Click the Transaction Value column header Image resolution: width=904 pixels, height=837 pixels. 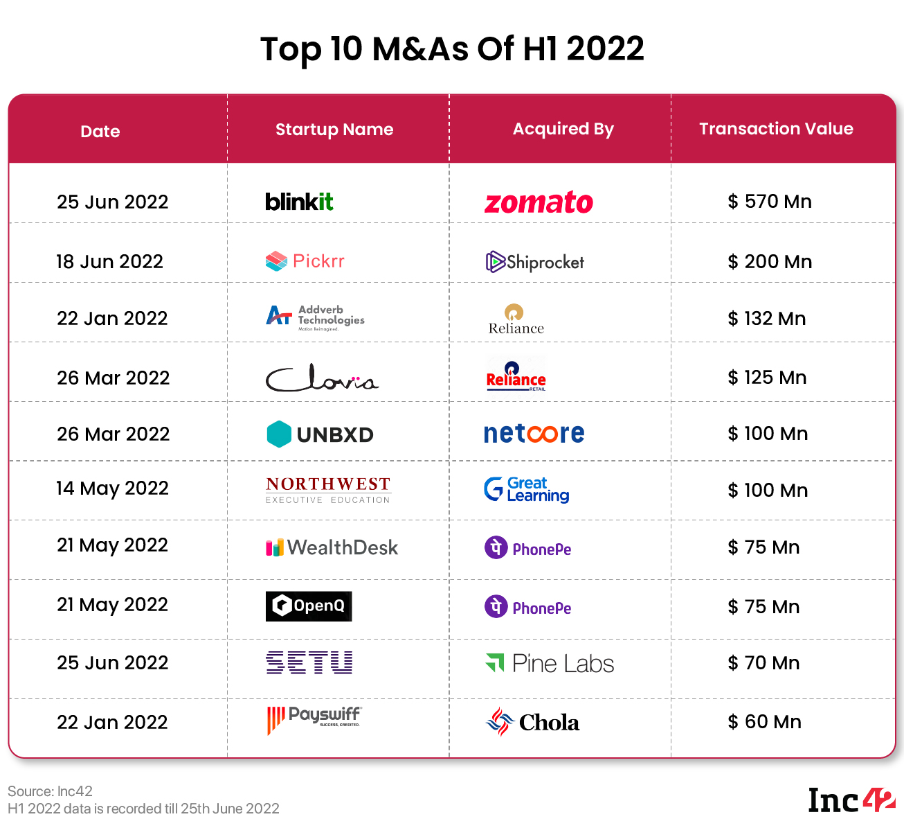(776, 129)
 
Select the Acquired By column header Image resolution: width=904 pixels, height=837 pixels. (563, 129)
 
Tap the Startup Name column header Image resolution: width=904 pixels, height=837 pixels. (334, 130)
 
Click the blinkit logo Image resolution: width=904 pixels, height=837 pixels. (299, 202)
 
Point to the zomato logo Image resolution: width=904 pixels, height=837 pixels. (539, 202)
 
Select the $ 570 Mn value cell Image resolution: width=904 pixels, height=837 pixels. (770, 202)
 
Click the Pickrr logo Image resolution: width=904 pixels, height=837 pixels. (305, 261)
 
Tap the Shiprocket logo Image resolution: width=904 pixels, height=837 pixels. (535, 262)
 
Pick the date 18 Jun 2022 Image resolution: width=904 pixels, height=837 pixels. (110, 262)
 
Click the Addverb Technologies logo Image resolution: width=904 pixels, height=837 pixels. (315, 317)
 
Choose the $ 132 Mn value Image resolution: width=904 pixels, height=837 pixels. (767, 319)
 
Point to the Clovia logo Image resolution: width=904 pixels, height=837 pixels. (322, 378)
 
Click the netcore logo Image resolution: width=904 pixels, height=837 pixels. (534, 434)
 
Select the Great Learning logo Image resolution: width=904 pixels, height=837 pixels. (527, 489)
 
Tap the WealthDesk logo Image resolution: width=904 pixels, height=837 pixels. (332, 547)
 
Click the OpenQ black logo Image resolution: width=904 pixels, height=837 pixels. (309, 606)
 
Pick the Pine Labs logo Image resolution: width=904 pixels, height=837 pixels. (550, 664)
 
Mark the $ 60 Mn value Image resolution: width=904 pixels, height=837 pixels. (764, 722)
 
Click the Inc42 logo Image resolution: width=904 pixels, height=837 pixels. (851, 800)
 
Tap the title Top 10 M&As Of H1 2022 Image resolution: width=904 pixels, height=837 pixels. (452, 49)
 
